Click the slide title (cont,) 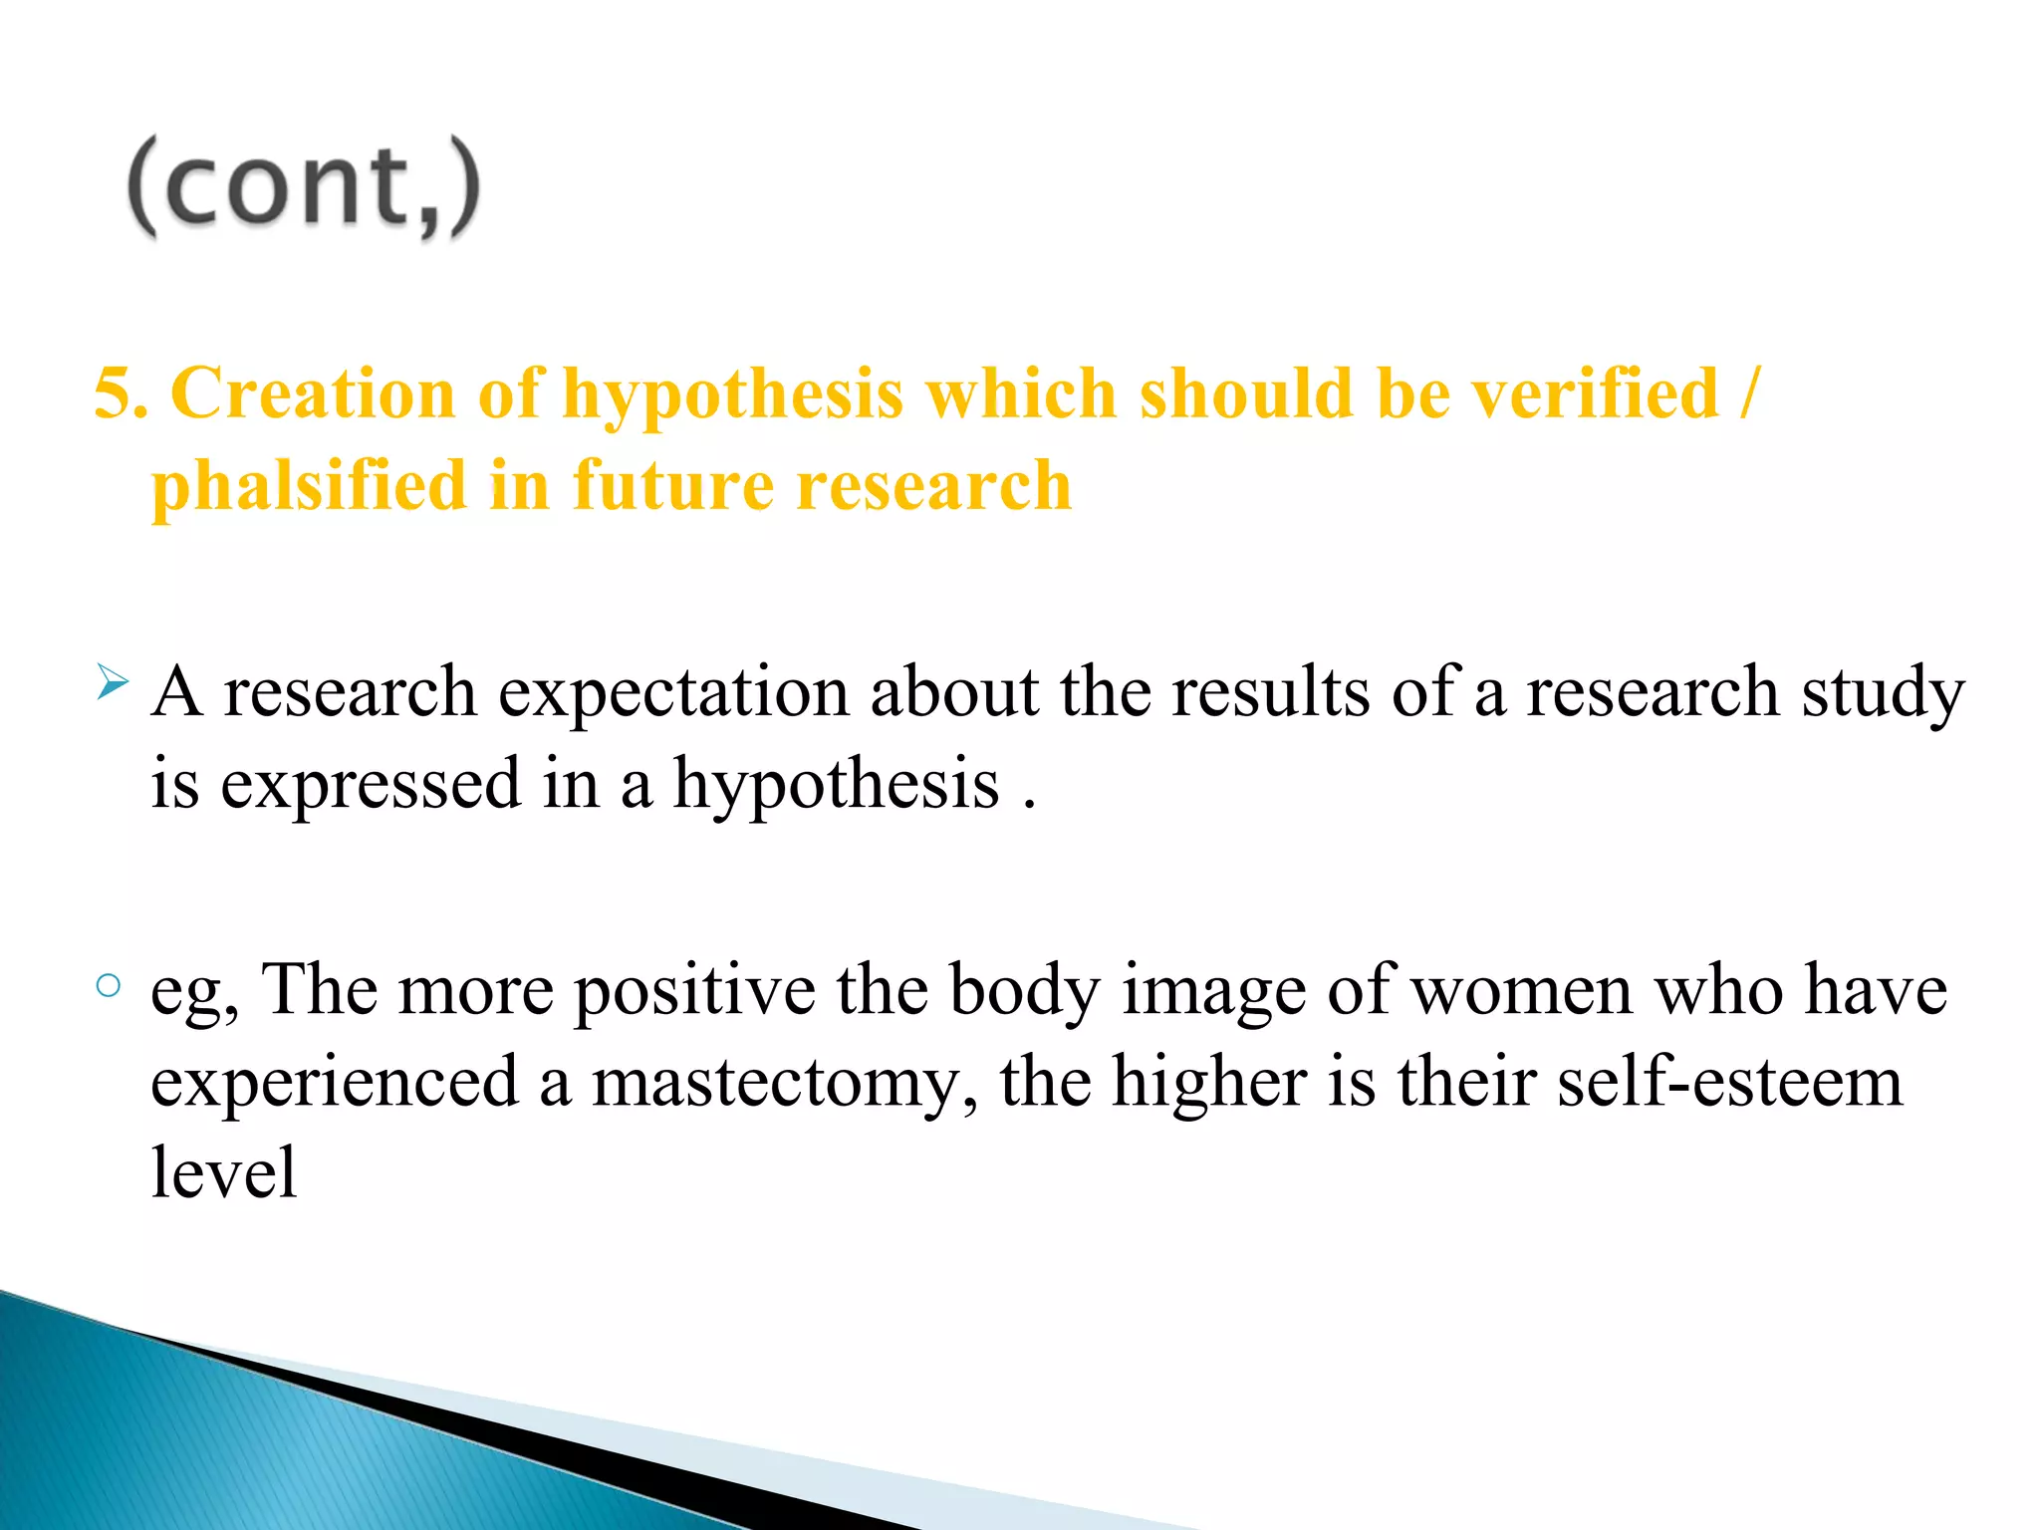point(304,187)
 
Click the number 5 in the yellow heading point(116,393)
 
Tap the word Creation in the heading point(313,393)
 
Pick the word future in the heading point(672,486)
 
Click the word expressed point(371,785)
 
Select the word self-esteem point(1730,1082)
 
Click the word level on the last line point(224,1173)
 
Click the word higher point(1208,1082)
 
